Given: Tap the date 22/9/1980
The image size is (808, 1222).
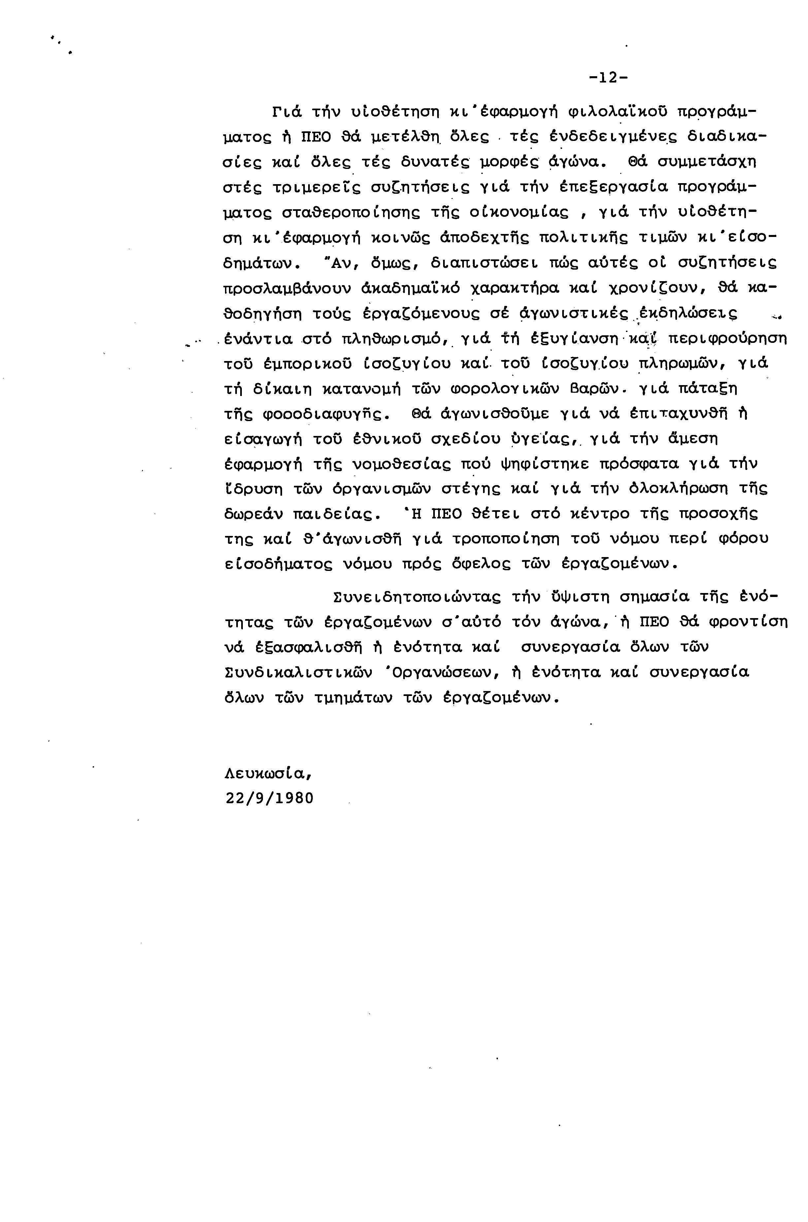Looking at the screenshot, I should [x=270, y=798].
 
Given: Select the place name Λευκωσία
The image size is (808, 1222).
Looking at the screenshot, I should [x=269, y=774].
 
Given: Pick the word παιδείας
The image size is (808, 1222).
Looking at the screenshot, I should [x=337, y=514].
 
